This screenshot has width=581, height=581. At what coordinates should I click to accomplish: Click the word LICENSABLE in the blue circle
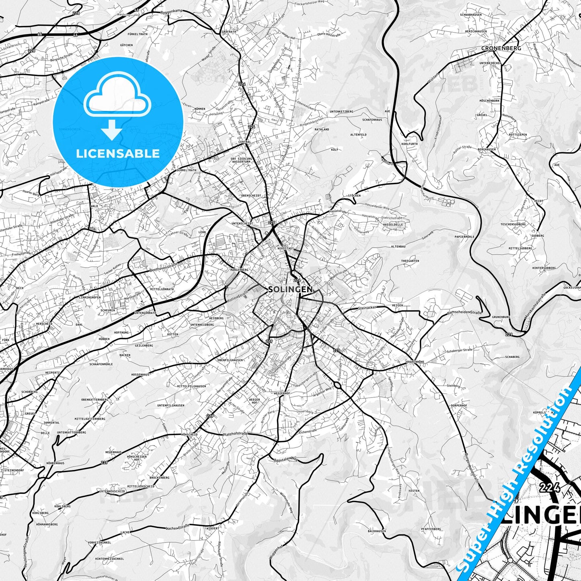coord(118,153)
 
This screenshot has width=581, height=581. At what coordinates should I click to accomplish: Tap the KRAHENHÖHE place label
coord(415,362)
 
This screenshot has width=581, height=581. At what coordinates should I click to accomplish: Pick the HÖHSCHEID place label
coord(189,435)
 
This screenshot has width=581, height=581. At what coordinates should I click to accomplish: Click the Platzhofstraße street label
coord(236,434)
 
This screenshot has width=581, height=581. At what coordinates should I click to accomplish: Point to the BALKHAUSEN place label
coord(377,531)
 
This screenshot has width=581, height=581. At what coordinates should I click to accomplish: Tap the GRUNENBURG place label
coord(501,317)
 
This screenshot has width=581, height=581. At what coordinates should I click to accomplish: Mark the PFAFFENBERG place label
coord(431,529)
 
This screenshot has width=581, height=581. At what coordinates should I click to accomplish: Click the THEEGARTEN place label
coord(410,261)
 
